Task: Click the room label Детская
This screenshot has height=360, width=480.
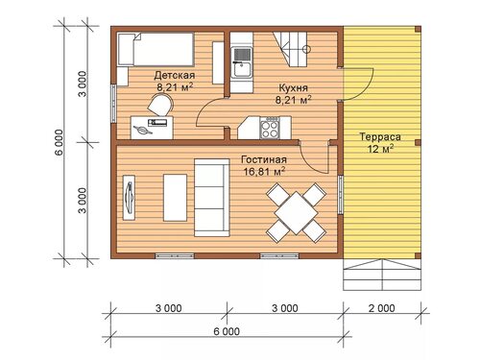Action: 175,76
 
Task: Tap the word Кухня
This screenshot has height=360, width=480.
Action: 293,87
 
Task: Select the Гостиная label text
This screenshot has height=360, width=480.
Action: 264,159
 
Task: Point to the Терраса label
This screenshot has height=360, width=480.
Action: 380,136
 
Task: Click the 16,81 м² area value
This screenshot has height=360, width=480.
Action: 264,171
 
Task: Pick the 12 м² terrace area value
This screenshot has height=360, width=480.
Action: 380,149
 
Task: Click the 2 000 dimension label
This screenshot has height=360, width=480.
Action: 381,308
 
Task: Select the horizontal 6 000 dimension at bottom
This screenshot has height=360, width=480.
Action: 227,331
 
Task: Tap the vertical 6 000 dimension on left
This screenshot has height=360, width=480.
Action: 60,142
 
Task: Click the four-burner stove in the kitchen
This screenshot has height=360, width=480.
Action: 270,128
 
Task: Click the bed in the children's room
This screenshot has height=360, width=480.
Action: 156,49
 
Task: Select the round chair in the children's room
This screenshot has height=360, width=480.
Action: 161,105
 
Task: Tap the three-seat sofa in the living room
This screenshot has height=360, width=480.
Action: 212,198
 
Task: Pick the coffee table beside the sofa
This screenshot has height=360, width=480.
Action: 175,198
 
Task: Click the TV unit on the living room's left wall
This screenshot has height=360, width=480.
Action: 129,198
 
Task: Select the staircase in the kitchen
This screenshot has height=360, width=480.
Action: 291,49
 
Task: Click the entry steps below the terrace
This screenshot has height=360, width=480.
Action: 382,275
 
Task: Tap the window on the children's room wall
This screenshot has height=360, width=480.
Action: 112,103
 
